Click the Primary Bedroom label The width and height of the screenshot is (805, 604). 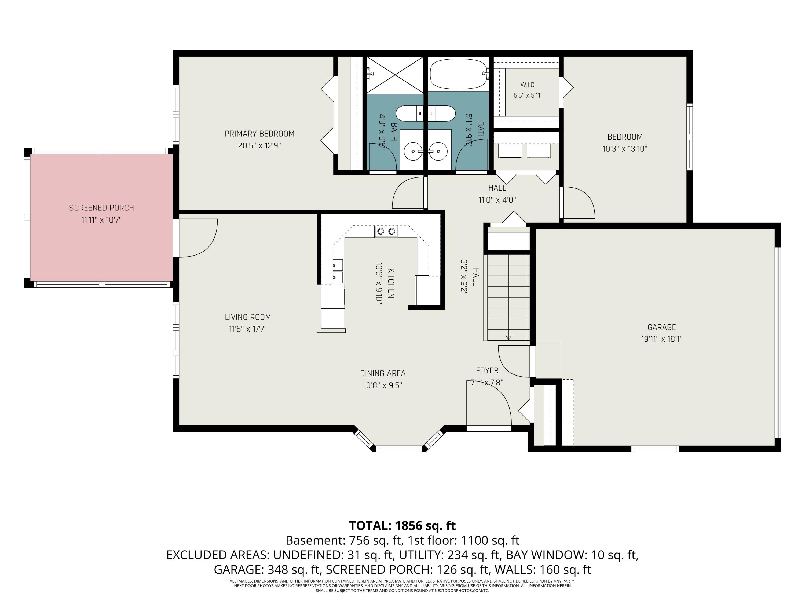(259, 134)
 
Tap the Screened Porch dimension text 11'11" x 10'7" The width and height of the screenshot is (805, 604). (101, 220)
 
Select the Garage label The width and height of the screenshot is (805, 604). (662, 327)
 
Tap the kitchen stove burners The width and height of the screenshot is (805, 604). (386, 231)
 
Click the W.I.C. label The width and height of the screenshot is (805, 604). (528, 85)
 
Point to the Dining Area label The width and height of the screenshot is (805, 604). (382, 373)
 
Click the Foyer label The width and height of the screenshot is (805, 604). (487, 370)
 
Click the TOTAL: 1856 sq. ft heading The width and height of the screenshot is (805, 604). (402, 525)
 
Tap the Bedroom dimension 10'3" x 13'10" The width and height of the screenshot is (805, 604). (625, 149)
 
